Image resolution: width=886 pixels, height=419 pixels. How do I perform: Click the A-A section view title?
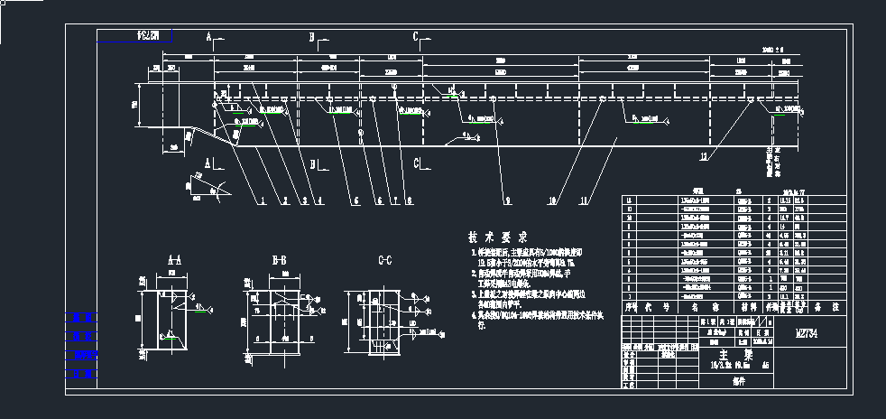(x=174, y=261)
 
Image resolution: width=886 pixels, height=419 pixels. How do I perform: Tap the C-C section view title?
(x=384, y=261)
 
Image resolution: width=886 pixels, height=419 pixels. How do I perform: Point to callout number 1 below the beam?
(x=263, y=200)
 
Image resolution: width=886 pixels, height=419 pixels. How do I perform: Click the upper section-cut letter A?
(x=208, y=38)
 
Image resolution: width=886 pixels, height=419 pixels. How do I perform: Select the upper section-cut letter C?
(x=416, y=38)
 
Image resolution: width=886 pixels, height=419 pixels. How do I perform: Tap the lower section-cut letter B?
(x=312, y=164)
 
